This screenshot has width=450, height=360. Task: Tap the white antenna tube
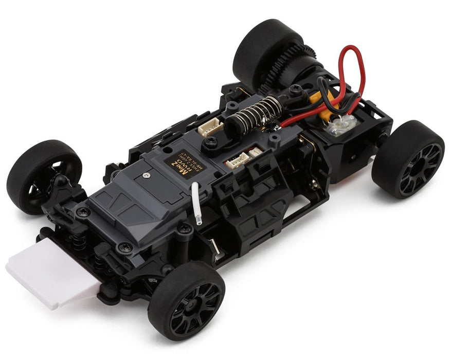pyautogui.click(x=196, y=203)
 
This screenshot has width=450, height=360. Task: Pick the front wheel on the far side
pyautogui.click(x=44, y=175)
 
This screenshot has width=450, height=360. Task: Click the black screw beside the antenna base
pyautogui.click(x=183, y=227)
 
